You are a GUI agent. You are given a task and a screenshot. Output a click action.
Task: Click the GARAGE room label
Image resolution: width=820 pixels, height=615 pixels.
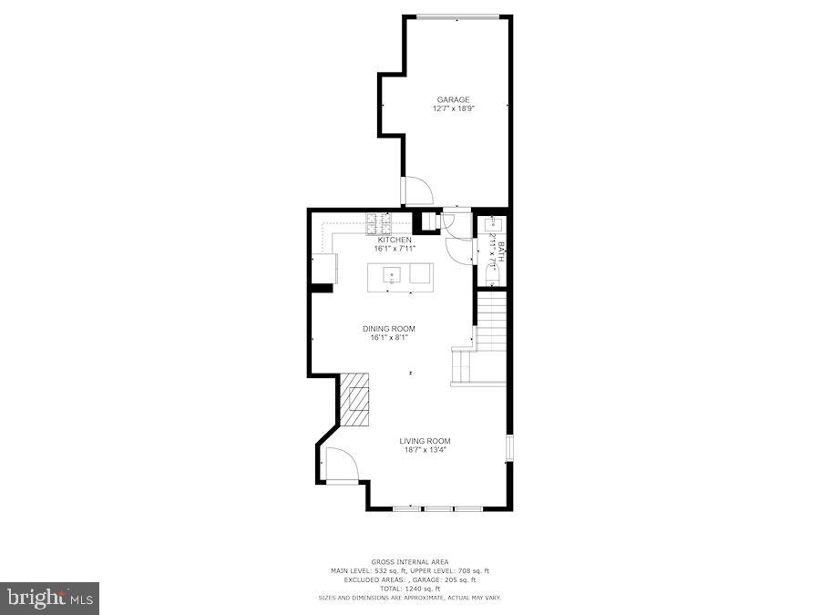[453, 99]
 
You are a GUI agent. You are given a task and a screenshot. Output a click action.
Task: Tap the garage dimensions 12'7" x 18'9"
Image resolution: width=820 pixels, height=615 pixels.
[453, 108]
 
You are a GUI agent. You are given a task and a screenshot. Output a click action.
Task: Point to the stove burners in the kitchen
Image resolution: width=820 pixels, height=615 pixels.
[379, 221]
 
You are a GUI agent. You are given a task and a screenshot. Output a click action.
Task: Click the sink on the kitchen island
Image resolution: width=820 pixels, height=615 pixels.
[392, 274]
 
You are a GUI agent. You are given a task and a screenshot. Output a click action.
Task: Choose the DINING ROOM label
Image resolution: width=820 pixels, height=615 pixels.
[389, 329]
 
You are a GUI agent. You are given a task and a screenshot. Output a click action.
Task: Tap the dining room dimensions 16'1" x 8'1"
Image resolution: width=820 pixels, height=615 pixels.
[389, 338]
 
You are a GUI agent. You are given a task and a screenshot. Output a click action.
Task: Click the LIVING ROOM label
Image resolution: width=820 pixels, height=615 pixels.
[425, 441]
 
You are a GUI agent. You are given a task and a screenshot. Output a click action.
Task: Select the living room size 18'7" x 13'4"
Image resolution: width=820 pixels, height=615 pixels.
[425, 449]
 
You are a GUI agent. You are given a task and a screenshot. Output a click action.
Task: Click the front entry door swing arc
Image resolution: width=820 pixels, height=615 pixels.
[341, 464]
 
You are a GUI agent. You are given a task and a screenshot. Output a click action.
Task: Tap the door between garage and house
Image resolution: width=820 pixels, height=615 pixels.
[418, 190]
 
